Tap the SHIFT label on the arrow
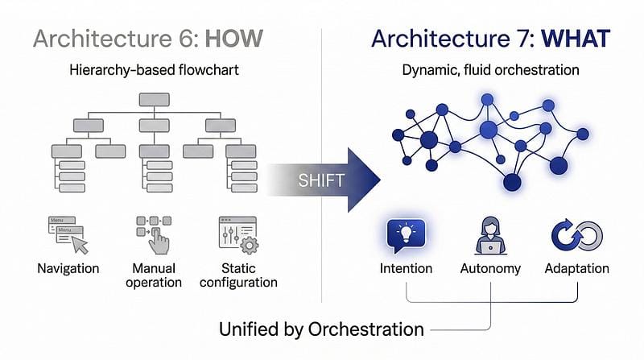coord(320,180)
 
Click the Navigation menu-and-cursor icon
coord(68,233)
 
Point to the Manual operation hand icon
coord(154,233)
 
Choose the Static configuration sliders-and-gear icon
coord(237,233)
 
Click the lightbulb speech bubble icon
coord(406,234)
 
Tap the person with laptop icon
coord(490,234)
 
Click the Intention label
coord(406,268)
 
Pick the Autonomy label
coord(490,268)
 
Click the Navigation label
coord(68,267)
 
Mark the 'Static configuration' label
coord(238,275)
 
